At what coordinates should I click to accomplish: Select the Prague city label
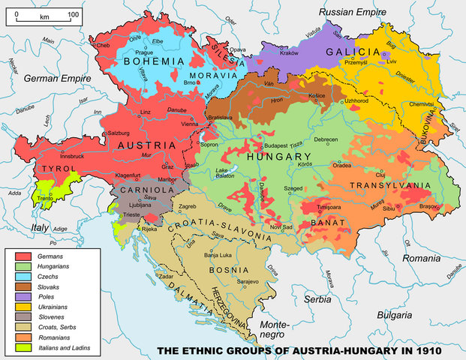pyautogui.click(x=146, y=52)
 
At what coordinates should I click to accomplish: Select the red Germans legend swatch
pyautogui.click(x=23, y=256)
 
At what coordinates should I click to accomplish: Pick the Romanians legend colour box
pyautogui.click(x=23, y=337)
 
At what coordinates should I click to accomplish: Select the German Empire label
pyautogui.click(x=56, y=78)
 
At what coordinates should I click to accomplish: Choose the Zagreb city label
pyautogui.click(x=187, y=205)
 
